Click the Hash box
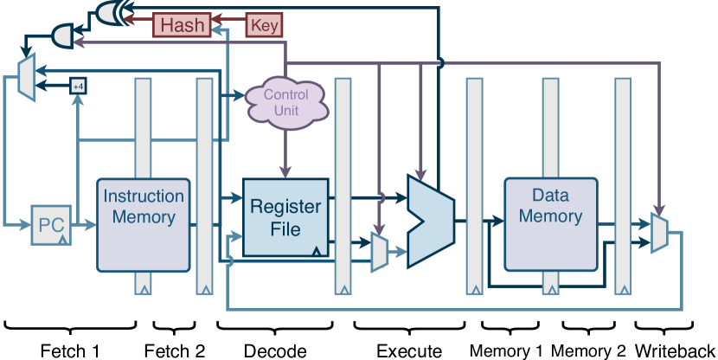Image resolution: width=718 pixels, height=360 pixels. [x=183, y=25]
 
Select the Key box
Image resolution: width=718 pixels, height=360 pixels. [x=264, y=25]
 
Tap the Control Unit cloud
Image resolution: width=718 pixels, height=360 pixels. [x=286, y=102]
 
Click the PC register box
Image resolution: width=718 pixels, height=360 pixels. [x=50, y=225]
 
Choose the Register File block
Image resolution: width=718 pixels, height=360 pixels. [x=286, y=218]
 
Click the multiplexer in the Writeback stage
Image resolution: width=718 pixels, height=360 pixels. [x=659, y=233]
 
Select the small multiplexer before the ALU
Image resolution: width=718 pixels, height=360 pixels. [x=379, y=252]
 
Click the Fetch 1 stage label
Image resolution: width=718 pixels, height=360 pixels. [x=70, y=350]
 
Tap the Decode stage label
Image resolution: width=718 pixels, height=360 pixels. [x=275, y=350]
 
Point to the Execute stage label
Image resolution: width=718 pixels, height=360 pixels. [x=409, y=350]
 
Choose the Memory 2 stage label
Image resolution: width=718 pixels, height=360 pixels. [x=588, y=350]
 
